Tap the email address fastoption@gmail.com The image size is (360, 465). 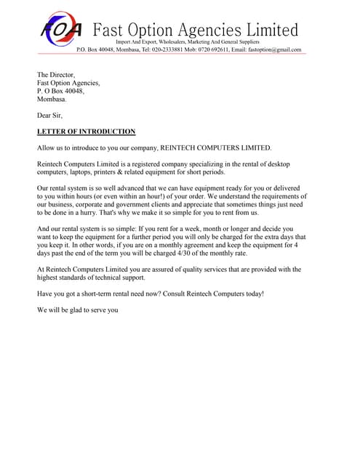point(274,49)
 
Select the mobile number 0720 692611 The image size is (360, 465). point(212,49)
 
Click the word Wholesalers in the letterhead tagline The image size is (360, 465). point(172,42)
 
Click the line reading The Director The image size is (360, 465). point(56,75)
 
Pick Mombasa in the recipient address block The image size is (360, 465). point(52,99)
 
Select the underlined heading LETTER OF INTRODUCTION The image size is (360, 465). point(86,132)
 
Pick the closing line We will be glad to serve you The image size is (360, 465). point(77,310)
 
